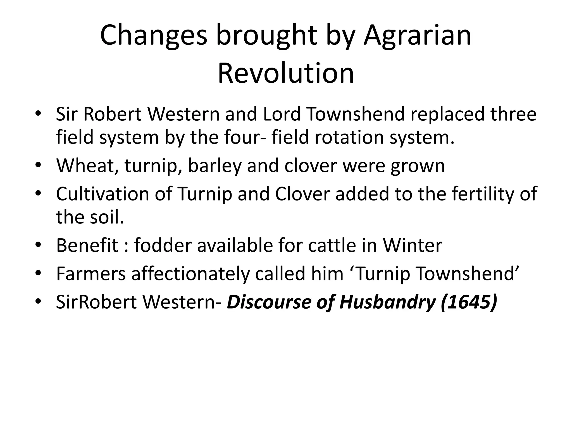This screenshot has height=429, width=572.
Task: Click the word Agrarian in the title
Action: [417, 36]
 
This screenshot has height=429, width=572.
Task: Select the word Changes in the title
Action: [153, 36]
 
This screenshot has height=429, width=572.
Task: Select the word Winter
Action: [412, 246]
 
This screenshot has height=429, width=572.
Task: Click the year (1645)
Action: [469, 302]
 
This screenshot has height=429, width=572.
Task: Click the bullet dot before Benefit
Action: [38, 245]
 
